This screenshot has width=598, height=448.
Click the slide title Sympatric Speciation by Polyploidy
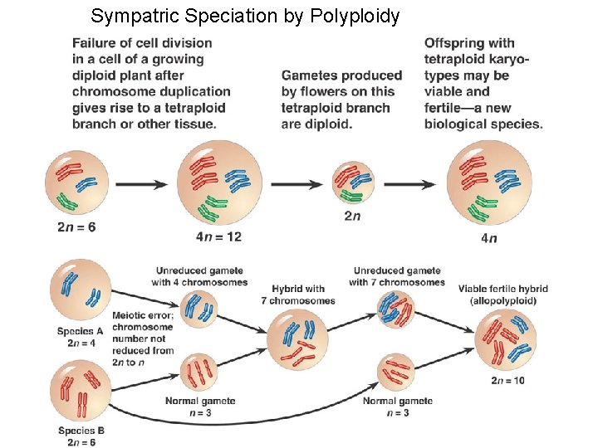coord(245,16)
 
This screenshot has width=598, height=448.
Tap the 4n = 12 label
coord(218,236)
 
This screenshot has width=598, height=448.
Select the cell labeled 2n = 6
coord(77,183)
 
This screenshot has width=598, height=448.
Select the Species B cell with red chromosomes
coord(81,392)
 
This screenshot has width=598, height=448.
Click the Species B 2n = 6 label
coord(81,436)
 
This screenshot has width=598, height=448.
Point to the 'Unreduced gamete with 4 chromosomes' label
coord(199,276)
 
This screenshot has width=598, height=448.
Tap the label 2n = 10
coord(507,381)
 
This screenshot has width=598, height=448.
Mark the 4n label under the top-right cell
coord(488,239)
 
